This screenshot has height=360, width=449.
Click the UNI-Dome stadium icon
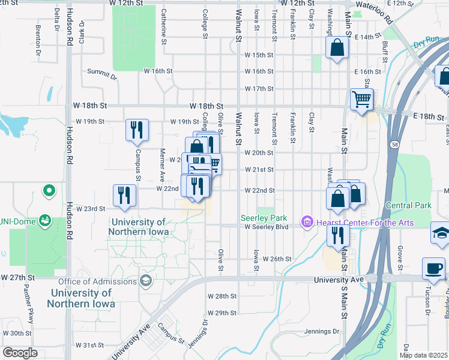pyautogui.click(x=44, y=221)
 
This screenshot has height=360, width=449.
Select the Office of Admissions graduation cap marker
pyautogui.click(x=145, y=281)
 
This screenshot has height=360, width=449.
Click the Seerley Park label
pyautogui.click(x=264, y=218)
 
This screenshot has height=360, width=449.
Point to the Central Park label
pyautogui.click(x=409, y=205)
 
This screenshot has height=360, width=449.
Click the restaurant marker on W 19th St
pyautogui.click(x=136, y=130)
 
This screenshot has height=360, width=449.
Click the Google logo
pyautogui.click(x=20, y=353)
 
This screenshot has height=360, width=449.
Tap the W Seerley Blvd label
pyautogui.click(x=266, y=227)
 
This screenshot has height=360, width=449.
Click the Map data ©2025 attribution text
pyautogui.click(x=423, y=355)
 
